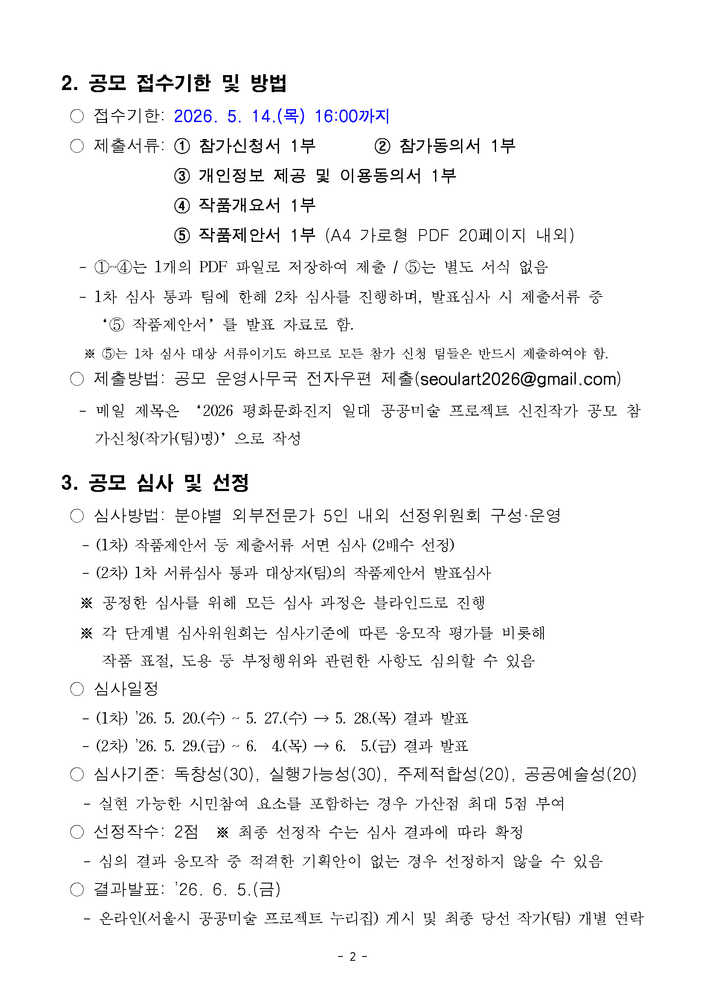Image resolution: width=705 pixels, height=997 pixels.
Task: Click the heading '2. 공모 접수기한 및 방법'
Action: point(174,83)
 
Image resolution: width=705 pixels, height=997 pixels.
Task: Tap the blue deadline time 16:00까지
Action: point(351,116)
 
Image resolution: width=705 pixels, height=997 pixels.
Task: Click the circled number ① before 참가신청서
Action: point(182,146)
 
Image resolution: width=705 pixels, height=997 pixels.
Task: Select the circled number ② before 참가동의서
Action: point(382,146)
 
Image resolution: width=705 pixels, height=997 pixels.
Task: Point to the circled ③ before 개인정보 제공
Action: point(182,176)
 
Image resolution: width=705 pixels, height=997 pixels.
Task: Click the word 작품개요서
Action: point(239,205)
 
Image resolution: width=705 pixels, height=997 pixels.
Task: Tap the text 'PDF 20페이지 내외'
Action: point(495,235)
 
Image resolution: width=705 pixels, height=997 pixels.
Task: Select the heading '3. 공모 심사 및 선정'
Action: point(155,483)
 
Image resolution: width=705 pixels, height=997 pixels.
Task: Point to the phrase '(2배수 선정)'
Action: point(413,544)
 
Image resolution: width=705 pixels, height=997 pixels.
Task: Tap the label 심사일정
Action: point(126,689)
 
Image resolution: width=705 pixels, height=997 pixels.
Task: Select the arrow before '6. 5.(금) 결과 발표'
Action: point(321,747)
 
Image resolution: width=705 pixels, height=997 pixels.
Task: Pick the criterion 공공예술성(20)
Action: point(580,774)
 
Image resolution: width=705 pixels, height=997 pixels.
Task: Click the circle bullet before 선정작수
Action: point(77,832)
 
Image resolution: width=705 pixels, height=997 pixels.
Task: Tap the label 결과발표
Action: point(126,889)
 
